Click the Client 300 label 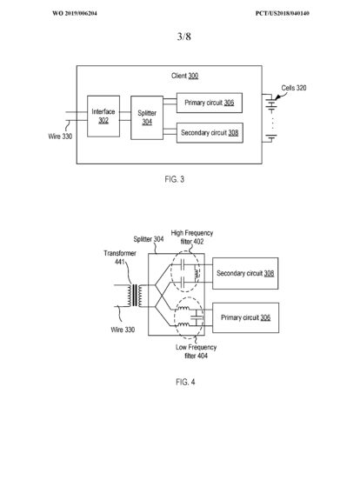tap(184, 76)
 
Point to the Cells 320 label tap(294, 88)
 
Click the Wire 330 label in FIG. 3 tap(60, 137)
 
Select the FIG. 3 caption tap(175, 179)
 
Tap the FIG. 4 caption tap(185, 382)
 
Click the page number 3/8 tap(184, 37)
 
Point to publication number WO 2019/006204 tap(75, 13)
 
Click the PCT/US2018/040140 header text tap(283, 13)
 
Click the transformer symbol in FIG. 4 tap(135, 296)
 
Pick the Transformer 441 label tap(120, 257)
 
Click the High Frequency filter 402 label tap(192, 237)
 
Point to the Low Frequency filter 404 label tap(196, 351)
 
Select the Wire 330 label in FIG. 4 tap(123, 330)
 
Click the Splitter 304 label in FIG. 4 tap(149, 239)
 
